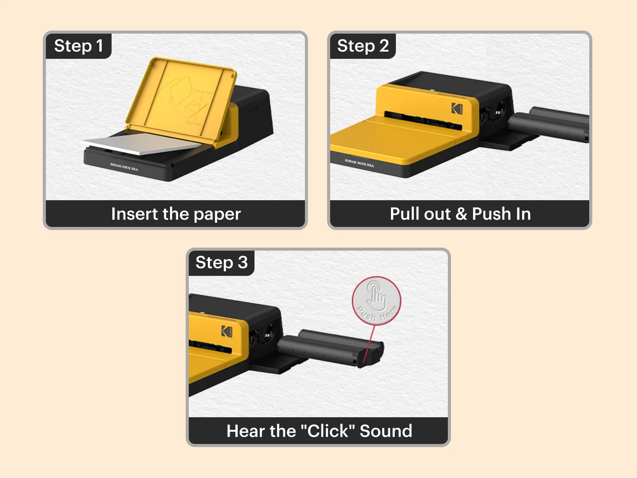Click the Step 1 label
78,46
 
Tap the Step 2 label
363,46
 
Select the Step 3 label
221,262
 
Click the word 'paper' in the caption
217,214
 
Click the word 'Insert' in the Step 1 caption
134,214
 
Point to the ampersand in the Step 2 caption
461,214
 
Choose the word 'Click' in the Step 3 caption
328,431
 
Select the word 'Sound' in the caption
386,431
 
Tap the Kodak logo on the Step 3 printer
227,331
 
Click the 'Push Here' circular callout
376,301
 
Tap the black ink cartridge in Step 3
331,348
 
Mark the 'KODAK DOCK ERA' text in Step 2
359,163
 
